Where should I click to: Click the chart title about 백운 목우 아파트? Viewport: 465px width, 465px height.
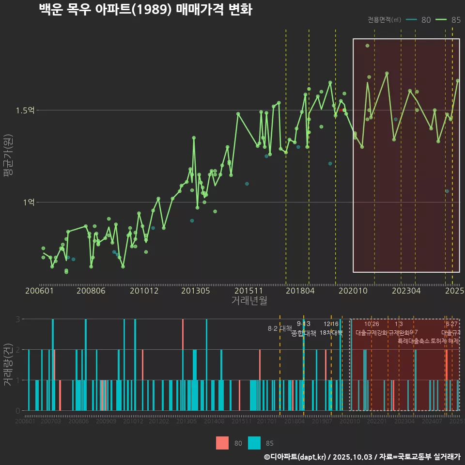point(145,10)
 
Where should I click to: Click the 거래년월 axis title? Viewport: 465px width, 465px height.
point(249,300)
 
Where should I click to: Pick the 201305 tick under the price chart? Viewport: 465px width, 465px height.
point(195,291)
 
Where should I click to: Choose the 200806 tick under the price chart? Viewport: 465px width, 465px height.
point(91,291)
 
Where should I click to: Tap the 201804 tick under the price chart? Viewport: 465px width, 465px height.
point(300,291)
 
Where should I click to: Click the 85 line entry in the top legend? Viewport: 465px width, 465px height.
point(448,20)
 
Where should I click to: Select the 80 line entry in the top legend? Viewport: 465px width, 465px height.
point(418,20)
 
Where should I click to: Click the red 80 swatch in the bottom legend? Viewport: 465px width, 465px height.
point(222,443)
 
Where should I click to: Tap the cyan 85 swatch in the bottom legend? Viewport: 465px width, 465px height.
point(254,443)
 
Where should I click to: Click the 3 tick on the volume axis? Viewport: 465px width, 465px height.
point(17,319)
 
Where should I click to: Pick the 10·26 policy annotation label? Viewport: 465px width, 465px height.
point(372,324)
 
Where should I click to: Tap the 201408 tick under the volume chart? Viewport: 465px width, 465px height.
point(214,422)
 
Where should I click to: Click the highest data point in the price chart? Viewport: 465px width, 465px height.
point(367,46)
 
